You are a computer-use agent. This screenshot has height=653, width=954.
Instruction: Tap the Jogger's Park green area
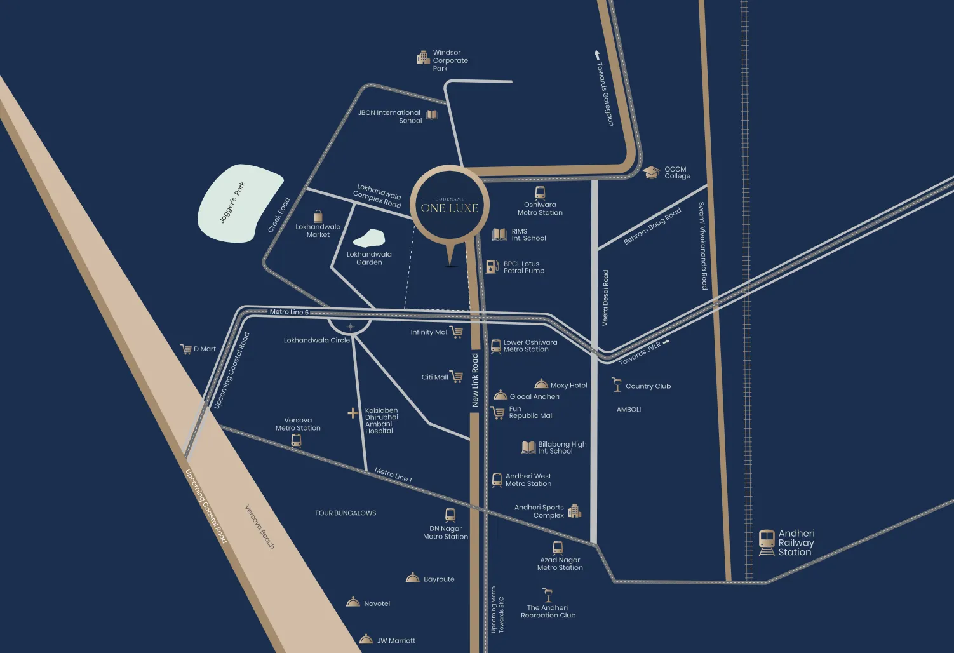[239, 203]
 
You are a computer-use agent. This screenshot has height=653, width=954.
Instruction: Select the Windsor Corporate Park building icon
[423, 58]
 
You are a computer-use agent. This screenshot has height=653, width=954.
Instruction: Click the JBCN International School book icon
[432, 115]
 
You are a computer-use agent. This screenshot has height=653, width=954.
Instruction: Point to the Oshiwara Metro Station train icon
[540, 192]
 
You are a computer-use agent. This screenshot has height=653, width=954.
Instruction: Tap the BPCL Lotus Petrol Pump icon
[492, 267]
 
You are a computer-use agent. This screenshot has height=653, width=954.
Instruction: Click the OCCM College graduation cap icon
[651, 172]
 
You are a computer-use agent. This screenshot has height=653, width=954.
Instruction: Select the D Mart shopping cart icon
[186, 349]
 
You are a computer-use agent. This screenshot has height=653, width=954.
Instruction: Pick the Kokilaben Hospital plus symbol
[353, 413]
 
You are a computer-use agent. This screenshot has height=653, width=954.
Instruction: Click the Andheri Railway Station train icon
[767, 542]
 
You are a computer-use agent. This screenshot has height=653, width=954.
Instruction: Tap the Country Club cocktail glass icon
[616, 384]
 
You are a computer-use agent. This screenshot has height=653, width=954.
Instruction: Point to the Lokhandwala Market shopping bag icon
[318, 216]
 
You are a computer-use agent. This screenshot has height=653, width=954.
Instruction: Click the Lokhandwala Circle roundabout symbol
[350, 326]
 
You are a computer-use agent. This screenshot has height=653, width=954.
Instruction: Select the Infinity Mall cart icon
[457, 332]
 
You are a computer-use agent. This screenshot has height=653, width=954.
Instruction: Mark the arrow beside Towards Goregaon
[597, 55]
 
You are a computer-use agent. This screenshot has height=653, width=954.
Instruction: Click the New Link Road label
[475, 380]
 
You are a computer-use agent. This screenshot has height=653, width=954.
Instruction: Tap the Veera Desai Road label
[605, 297]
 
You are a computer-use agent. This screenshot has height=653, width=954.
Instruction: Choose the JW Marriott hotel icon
[366, 639]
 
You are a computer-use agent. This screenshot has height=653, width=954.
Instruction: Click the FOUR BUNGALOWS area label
[346, 513]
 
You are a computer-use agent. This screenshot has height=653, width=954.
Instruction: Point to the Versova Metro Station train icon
[296, 440]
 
